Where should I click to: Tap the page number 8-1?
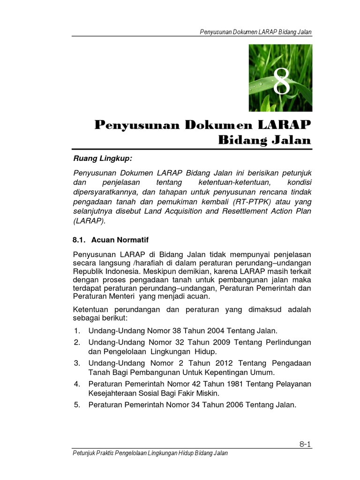pos(305,444)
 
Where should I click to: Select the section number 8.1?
pos(80,240)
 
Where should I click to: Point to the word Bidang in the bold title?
pos(241,140)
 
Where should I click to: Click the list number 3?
pos(77,363)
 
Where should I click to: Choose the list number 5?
pos(77,405)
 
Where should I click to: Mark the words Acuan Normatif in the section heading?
pos(120,240)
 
